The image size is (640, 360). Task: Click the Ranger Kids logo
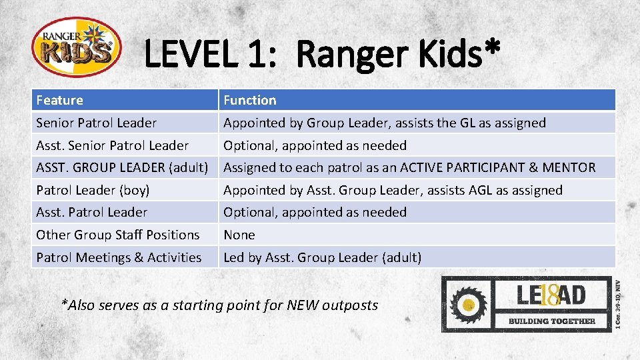tap(76, 47)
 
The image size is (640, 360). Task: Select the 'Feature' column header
tap(60, 100)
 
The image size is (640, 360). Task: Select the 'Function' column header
tap(249, 100)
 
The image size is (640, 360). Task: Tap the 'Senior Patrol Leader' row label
tap(96, 123)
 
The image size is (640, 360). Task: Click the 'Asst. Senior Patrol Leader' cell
tap(112, 145)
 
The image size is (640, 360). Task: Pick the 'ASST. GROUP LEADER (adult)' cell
tap(121, 167)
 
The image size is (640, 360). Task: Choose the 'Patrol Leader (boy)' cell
tap(93, 190)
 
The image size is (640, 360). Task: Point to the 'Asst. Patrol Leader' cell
tap(91, 212)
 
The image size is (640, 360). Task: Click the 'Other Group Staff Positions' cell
tap(117, 235)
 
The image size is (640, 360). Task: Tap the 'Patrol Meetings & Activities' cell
tap(119, 257)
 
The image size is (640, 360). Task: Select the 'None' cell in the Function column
tap(239, 235)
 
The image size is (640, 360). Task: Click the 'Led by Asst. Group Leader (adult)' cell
tap(322, 257)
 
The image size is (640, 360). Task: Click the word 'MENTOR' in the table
tap(571, 167)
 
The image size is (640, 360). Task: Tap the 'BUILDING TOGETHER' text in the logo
tap(552, 321)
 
